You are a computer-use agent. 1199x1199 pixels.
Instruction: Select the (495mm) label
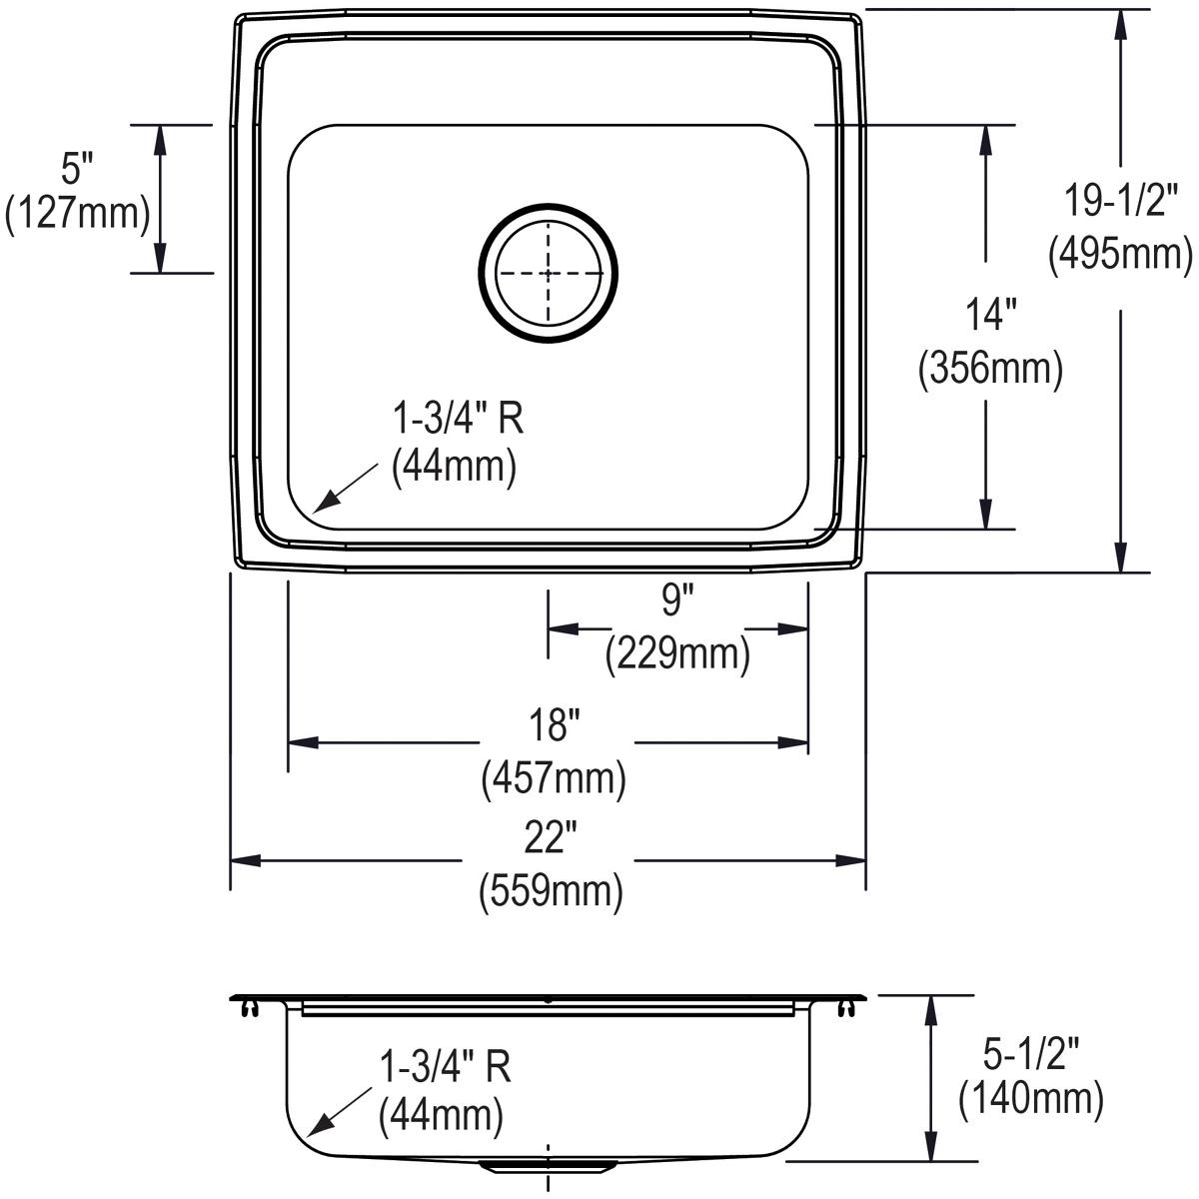point(1120,254)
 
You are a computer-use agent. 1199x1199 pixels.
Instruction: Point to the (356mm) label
point(989,369)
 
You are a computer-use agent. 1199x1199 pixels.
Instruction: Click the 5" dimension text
point(77,168)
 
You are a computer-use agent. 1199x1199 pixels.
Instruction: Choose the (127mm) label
point(77,214)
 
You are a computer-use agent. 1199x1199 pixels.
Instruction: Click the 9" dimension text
point(677,600)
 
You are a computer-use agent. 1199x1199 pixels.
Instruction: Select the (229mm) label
point(677,654)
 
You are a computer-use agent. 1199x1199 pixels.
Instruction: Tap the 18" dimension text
point(554,725)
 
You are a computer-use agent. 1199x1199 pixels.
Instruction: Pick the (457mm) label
point(554,778)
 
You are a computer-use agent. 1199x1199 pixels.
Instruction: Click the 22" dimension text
point(552,838)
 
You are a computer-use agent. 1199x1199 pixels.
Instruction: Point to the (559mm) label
point(552,890)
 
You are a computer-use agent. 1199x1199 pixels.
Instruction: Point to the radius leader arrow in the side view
point(337,1113)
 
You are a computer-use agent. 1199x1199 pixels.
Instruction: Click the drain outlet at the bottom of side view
point(547,1165)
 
